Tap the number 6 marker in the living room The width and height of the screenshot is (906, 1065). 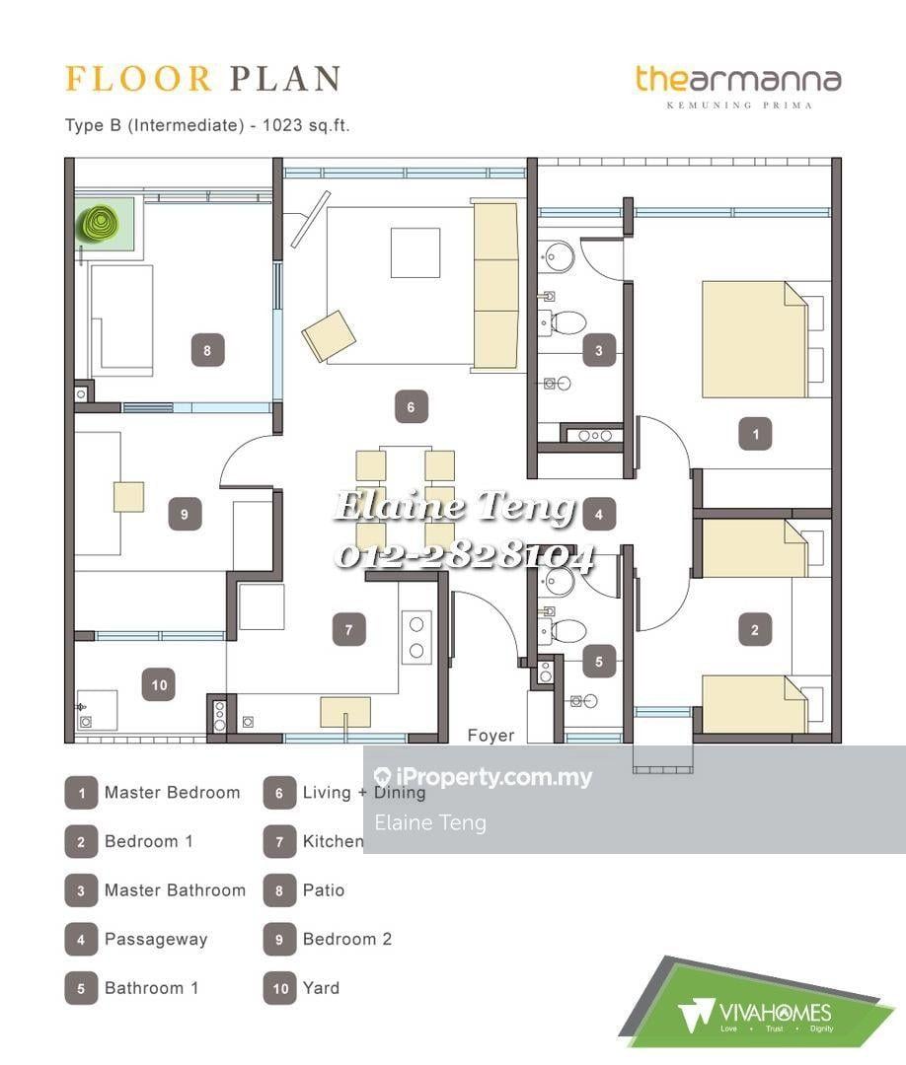(411, 407)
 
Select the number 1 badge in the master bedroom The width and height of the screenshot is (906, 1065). (755, 434)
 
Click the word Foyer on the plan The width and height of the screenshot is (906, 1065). (491, 736)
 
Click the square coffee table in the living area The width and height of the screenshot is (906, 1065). (415, 252)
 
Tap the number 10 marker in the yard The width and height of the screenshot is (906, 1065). (159, 684)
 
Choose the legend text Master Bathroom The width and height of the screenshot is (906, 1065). (175, 889)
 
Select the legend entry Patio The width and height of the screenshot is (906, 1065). (324, 889)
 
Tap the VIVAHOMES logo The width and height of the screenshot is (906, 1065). (756, 1014)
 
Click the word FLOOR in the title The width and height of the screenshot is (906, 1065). (138, 79)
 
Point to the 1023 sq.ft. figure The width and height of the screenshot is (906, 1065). (306, 125)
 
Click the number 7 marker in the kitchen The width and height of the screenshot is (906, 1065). (348, 629)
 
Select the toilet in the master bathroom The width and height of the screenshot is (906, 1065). (562, 322)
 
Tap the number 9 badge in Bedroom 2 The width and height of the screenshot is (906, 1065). (185, 514)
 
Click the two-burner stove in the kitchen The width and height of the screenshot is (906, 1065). (416, 637)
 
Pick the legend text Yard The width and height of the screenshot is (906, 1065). (321, 987)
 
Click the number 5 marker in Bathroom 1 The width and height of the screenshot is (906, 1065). (598, 662)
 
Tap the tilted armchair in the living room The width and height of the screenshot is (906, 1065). (329, 335)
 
